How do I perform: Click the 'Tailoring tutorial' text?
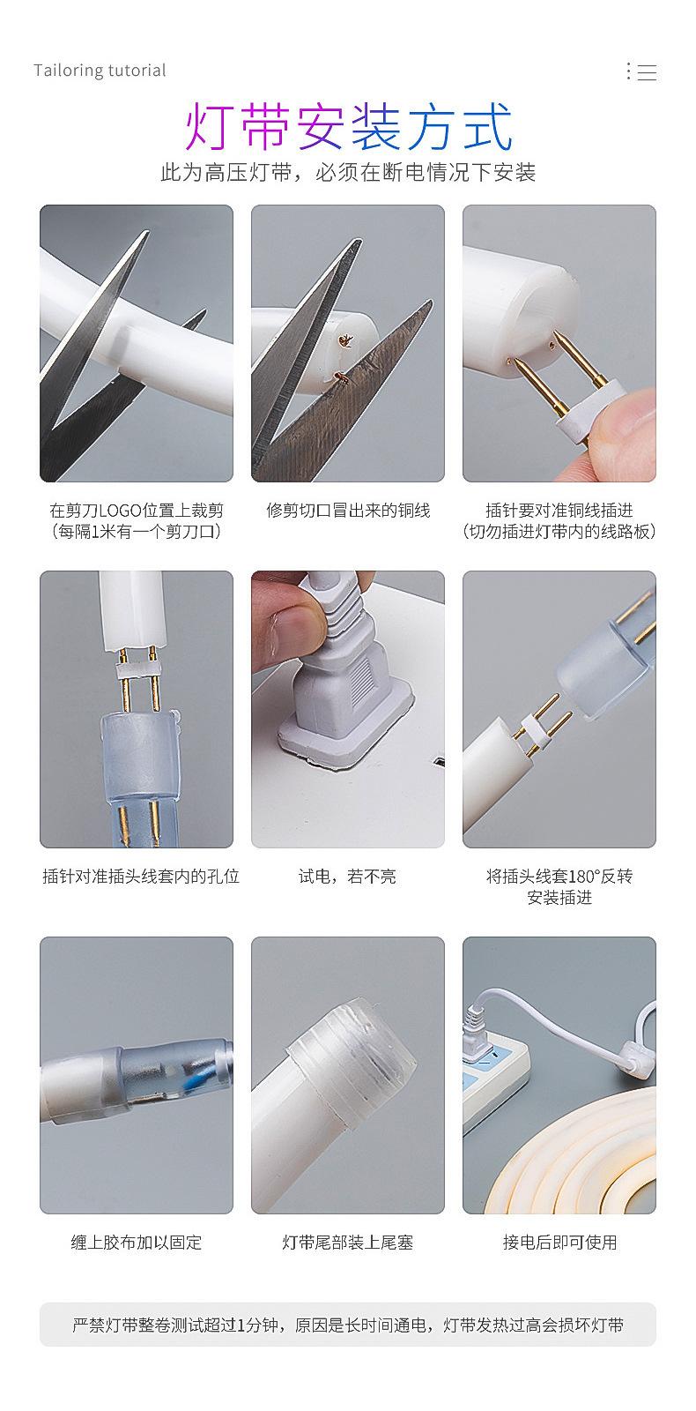pos(100,70)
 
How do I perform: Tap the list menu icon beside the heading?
pos(641,71)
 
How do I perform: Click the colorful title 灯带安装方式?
pos(349,127)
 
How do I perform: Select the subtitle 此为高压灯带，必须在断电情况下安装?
pos(348,172)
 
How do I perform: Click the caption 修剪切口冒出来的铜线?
pos(348,511)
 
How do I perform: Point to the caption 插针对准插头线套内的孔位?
pos(141,877)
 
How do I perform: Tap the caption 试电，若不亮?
pos(347,877)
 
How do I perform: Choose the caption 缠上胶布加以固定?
pos(137,1243)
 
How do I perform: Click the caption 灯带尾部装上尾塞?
pos(348,1243)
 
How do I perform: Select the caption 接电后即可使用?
pos(559,1243)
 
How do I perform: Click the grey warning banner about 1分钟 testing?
pos(348,1325)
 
